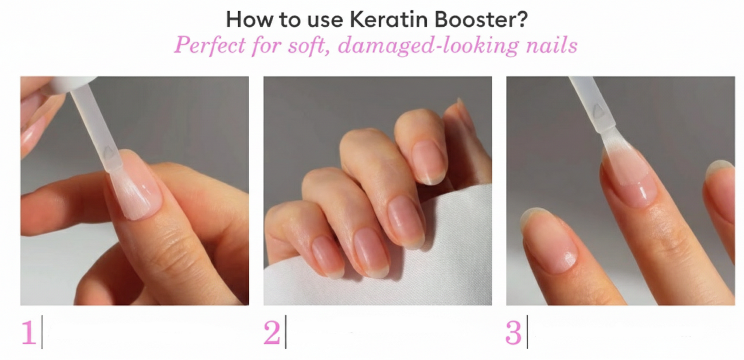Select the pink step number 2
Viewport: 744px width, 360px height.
tap(272, 332)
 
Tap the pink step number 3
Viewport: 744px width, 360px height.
tap(514, 332)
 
